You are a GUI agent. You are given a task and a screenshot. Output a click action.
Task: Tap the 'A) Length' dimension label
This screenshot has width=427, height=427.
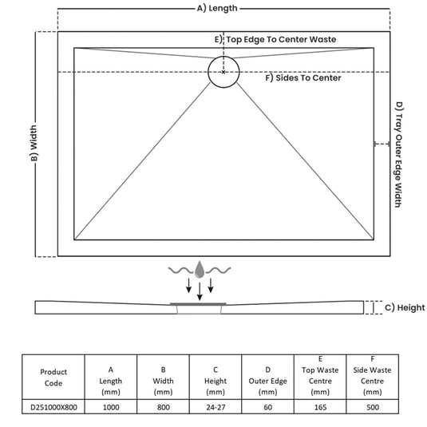click(217, 9)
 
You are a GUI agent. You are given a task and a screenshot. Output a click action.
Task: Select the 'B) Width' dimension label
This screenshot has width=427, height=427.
click(34, 143)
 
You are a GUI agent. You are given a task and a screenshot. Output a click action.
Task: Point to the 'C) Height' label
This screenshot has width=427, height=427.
click(405, 308)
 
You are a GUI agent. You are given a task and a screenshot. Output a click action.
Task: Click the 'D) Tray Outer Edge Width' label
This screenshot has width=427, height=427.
click(399, 154)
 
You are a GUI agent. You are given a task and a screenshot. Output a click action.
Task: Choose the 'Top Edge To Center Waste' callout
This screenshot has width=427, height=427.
click(281, 39)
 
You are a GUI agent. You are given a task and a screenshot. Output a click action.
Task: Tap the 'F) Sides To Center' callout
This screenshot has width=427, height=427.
click(303, 78)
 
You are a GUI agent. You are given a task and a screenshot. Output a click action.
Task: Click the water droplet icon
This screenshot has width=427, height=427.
click(200, 270)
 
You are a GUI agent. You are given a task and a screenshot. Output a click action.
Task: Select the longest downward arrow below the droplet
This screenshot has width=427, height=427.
click(200, 291)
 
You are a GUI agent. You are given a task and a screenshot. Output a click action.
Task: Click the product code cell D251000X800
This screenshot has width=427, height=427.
click(53, 407)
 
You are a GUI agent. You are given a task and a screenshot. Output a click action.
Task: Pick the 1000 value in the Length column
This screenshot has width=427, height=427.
click(111, 407)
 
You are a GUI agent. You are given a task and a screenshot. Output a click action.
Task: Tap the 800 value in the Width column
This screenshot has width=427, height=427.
click(163, 407)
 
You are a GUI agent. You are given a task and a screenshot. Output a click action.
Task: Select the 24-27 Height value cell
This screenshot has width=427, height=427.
click(215, 407)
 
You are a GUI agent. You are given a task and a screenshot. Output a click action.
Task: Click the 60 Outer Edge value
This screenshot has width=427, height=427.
click(267, 407)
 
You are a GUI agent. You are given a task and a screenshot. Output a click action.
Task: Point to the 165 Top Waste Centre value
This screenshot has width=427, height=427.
click(320, 407)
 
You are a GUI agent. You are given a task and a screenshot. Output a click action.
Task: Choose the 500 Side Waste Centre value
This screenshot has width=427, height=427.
click(373, 407)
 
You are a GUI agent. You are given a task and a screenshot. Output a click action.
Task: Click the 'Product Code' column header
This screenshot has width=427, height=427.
click(53, 378)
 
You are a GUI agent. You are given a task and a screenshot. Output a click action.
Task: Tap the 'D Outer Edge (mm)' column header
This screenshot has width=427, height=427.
click(267, 381)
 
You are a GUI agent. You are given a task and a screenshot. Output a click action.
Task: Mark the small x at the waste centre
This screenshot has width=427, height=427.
click(223, 72)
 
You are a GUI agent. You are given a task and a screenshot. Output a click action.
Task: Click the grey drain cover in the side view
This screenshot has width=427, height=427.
click(198, 303)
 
